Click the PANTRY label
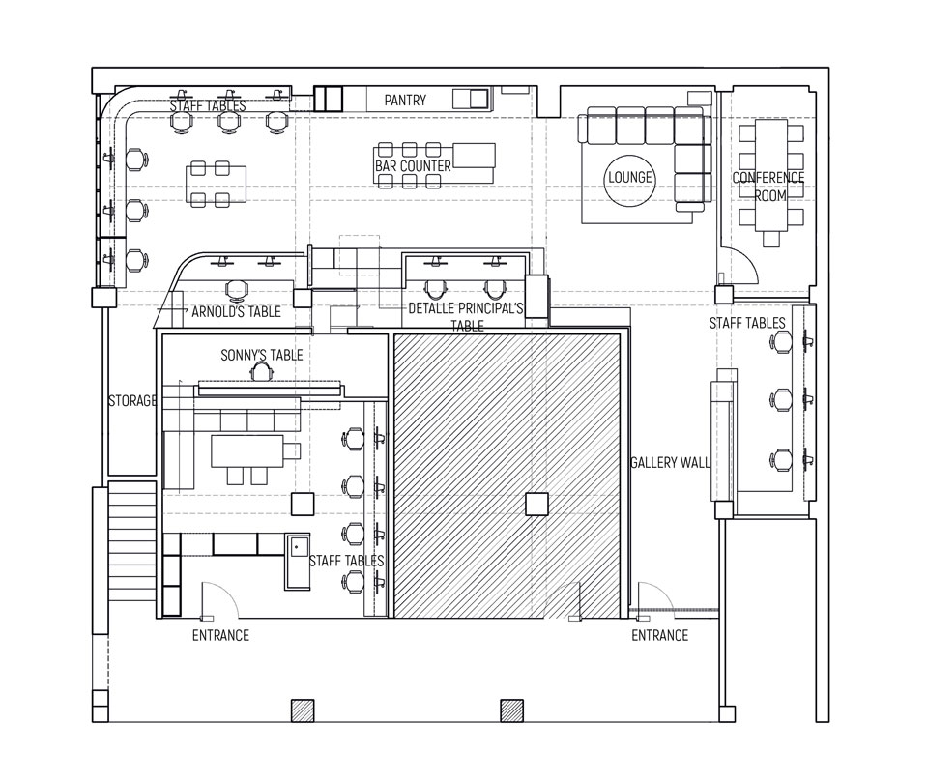click(405, 100)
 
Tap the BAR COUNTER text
click(413, 166)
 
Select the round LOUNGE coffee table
click(630, 178)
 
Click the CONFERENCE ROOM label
click(768, 187)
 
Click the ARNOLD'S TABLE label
click(236, 312)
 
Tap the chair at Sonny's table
click(262, 371)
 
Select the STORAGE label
click(132, 400)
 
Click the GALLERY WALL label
click(671, 463)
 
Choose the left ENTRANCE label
click(220, 636)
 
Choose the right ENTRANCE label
click(660, 636)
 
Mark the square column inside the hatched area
click(536, 505)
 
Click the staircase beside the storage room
click(132, 541)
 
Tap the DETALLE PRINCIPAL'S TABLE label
click(466, 317)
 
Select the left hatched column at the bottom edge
click(303, 710)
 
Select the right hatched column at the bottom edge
click(512, 710)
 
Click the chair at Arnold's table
click(237, 290)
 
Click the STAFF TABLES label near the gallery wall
click(747, 323)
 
